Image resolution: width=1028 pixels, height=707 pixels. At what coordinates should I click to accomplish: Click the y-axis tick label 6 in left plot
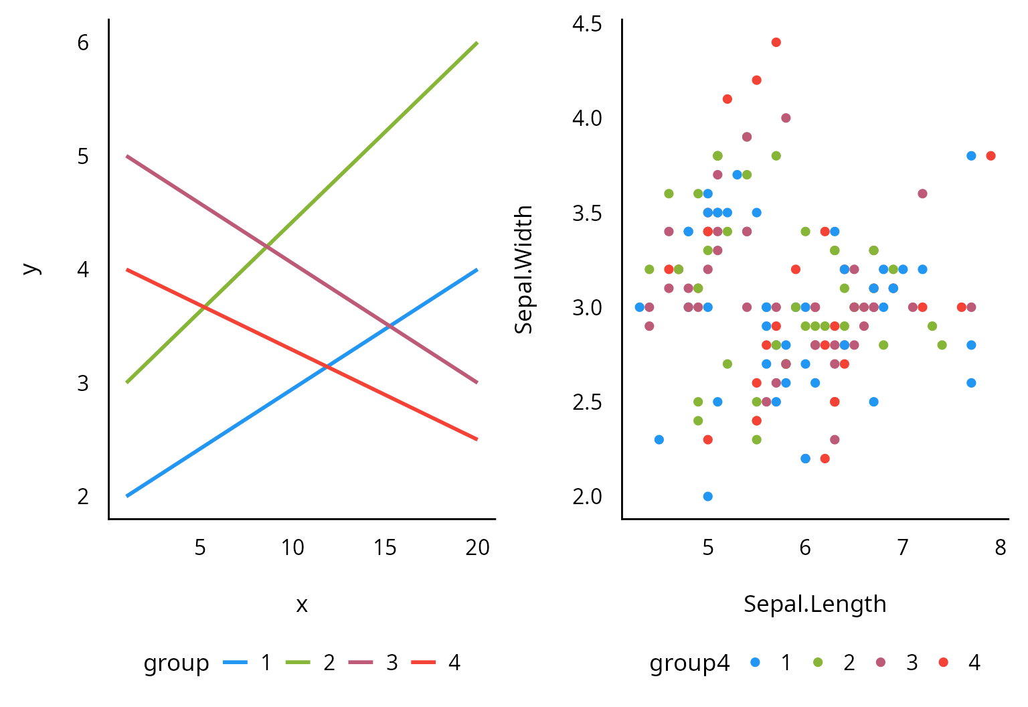pos(83,43)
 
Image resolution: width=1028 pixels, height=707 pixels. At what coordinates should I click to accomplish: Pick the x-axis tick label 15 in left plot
pos(385,548)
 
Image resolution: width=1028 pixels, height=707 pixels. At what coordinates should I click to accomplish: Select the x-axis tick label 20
pos(477,548)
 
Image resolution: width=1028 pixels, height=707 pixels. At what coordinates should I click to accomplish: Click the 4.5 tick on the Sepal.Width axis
pos(587,24)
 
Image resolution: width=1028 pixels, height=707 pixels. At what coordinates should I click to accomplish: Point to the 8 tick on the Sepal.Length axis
pos(1000,548)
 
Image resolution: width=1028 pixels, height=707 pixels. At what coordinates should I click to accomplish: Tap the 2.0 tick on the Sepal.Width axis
pos(587,496)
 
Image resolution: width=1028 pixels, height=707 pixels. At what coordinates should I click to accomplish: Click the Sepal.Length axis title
pos(815,604)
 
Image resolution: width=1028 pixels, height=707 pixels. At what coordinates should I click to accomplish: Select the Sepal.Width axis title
pos(523,269)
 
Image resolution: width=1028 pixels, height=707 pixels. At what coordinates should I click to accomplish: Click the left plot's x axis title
pos(302,605)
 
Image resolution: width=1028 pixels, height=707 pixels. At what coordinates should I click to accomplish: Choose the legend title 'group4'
pos(689,663)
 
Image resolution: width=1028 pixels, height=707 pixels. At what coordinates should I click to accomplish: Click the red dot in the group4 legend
pos(944,663)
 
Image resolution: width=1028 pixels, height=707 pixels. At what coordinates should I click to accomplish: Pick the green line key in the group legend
pos(298,663)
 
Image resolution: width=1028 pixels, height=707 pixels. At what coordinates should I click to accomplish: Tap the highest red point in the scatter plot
pos(776,42)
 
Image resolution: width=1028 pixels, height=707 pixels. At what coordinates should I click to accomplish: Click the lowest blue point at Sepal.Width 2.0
pos(707,496)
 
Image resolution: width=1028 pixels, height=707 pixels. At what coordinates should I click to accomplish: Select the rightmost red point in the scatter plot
pos(991,156)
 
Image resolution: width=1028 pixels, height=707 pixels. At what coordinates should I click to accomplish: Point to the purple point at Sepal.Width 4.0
pos(786,118)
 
